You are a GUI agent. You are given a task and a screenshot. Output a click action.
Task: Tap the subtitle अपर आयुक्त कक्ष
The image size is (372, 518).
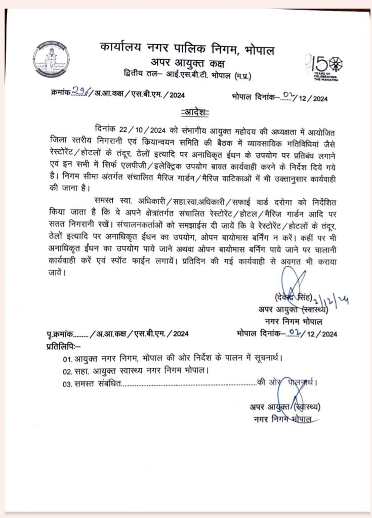tap(187, 63)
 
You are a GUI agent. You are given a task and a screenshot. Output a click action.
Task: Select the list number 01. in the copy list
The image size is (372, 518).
tap(68, 359)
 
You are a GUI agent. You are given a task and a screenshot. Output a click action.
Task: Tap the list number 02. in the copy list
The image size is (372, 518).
tap(68, 370)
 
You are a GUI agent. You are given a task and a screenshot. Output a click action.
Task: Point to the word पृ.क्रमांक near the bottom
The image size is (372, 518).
tap(58, 333)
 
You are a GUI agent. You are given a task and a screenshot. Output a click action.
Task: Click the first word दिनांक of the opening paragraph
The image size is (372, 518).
tap(107, 127)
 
